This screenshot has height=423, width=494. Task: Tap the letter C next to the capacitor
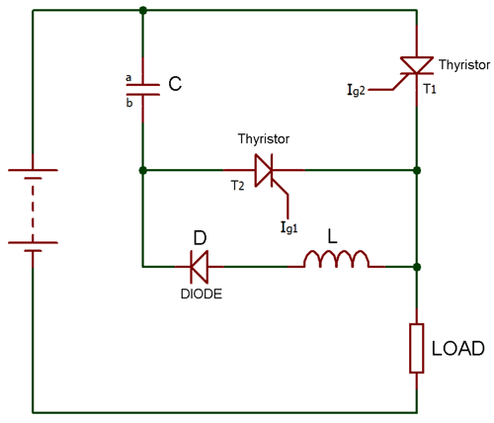[x=175, y=86]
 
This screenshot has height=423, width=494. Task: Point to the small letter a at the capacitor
[x=126, y=76]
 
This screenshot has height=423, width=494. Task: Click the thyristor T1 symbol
[x=417, y=68]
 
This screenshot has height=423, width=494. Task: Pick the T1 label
[x=431, y=88]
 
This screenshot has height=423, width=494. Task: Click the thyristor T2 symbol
[x=264, y=171]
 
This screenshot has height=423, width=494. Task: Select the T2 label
[x=237, y=186]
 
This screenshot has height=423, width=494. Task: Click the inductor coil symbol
[x=336, y=261]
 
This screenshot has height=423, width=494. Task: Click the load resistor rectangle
[x=417, y=348]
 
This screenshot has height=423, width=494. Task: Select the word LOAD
[x=456, y=349]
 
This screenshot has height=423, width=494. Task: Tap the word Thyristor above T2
[x=265, y=139]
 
